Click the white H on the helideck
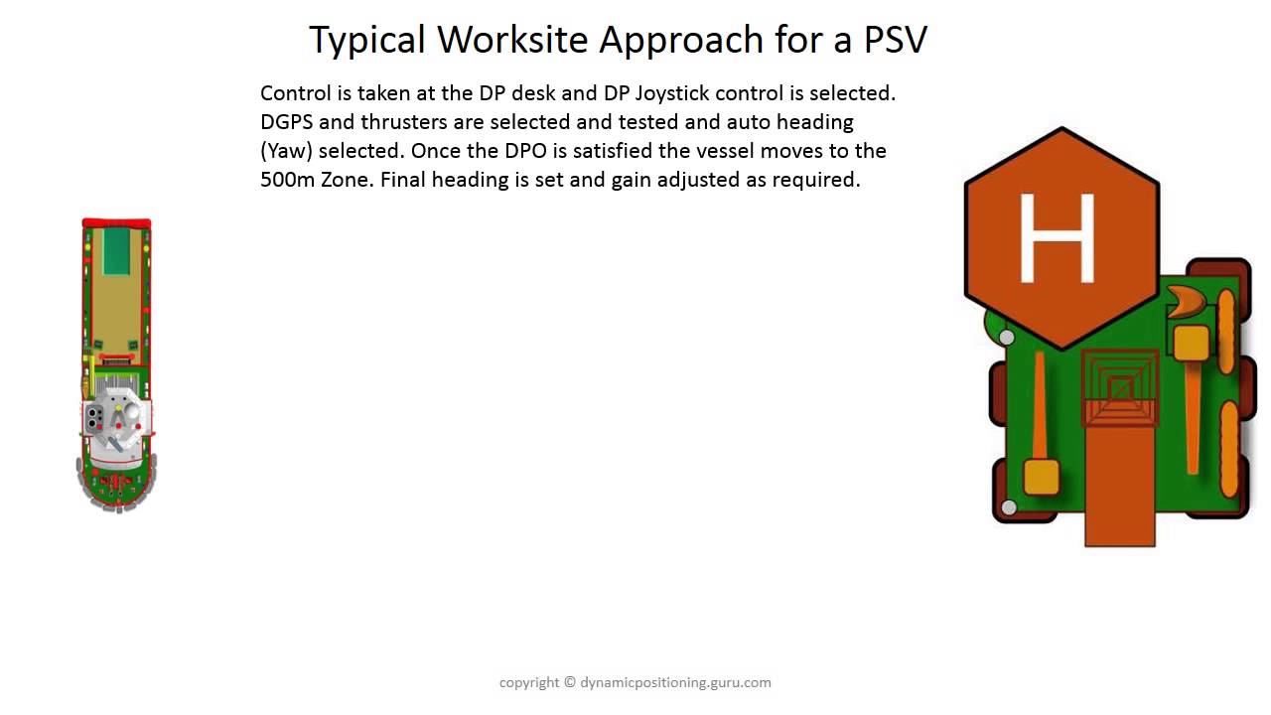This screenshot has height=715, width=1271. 1057,238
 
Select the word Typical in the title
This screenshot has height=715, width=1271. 368,40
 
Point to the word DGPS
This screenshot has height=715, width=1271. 286,122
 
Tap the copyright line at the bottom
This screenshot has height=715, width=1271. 635,682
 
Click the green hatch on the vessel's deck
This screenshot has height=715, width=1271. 117,250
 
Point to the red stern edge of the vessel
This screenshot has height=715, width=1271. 117,223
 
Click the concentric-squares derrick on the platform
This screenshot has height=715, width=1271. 1120,388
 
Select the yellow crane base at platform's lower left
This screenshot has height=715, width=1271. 1041,478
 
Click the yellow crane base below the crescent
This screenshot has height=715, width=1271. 1191,343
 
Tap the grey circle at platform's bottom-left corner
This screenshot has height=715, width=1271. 1009,507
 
